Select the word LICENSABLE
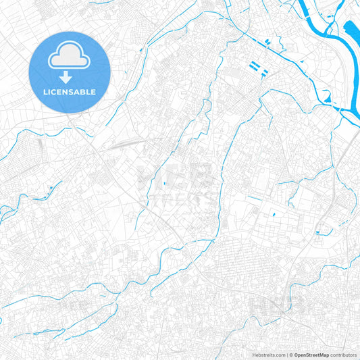point(69,92)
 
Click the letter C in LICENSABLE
point(53,92)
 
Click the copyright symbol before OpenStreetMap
point(290,354)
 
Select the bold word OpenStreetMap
point(311,354)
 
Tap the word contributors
point(343,354)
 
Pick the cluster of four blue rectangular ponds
point(259,68)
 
